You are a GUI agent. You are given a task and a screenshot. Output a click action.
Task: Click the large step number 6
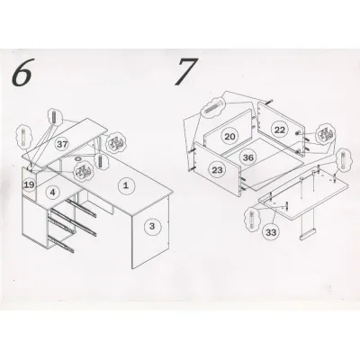22,72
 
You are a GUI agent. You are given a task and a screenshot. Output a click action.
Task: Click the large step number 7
186,71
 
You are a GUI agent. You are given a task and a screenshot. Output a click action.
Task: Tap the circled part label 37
62,144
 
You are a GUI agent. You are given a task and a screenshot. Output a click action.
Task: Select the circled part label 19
30,184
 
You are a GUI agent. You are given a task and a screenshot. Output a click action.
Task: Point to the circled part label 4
52,192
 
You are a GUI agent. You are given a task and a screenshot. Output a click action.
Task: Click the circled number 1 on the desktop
126,185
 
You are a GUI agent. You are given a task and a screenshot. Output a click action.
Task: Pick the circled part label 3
152,226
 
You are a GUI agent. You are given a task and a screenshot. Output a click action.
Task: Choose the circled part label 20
229,137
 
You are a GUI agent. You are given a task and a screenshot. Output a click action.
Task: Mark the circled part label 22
280,130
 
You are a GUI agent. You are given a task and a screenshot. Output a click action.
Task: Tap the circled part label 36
248,157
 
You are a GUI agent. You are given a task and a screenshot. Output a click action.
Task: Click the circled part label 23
217,170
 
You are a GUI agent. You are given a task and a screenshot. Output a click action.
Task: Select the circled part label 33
271,232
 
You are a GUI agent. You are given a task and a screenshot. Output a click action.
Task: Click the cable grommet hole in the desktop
79,158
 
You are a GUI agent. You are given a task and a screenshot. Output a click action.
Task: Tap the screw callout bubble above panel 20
213,108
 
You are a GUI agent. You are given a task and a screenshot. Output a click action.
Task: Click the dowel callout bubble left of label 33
251,219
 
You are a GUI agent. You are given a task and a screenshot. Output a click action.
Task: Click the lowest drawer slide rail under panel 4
60,244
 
